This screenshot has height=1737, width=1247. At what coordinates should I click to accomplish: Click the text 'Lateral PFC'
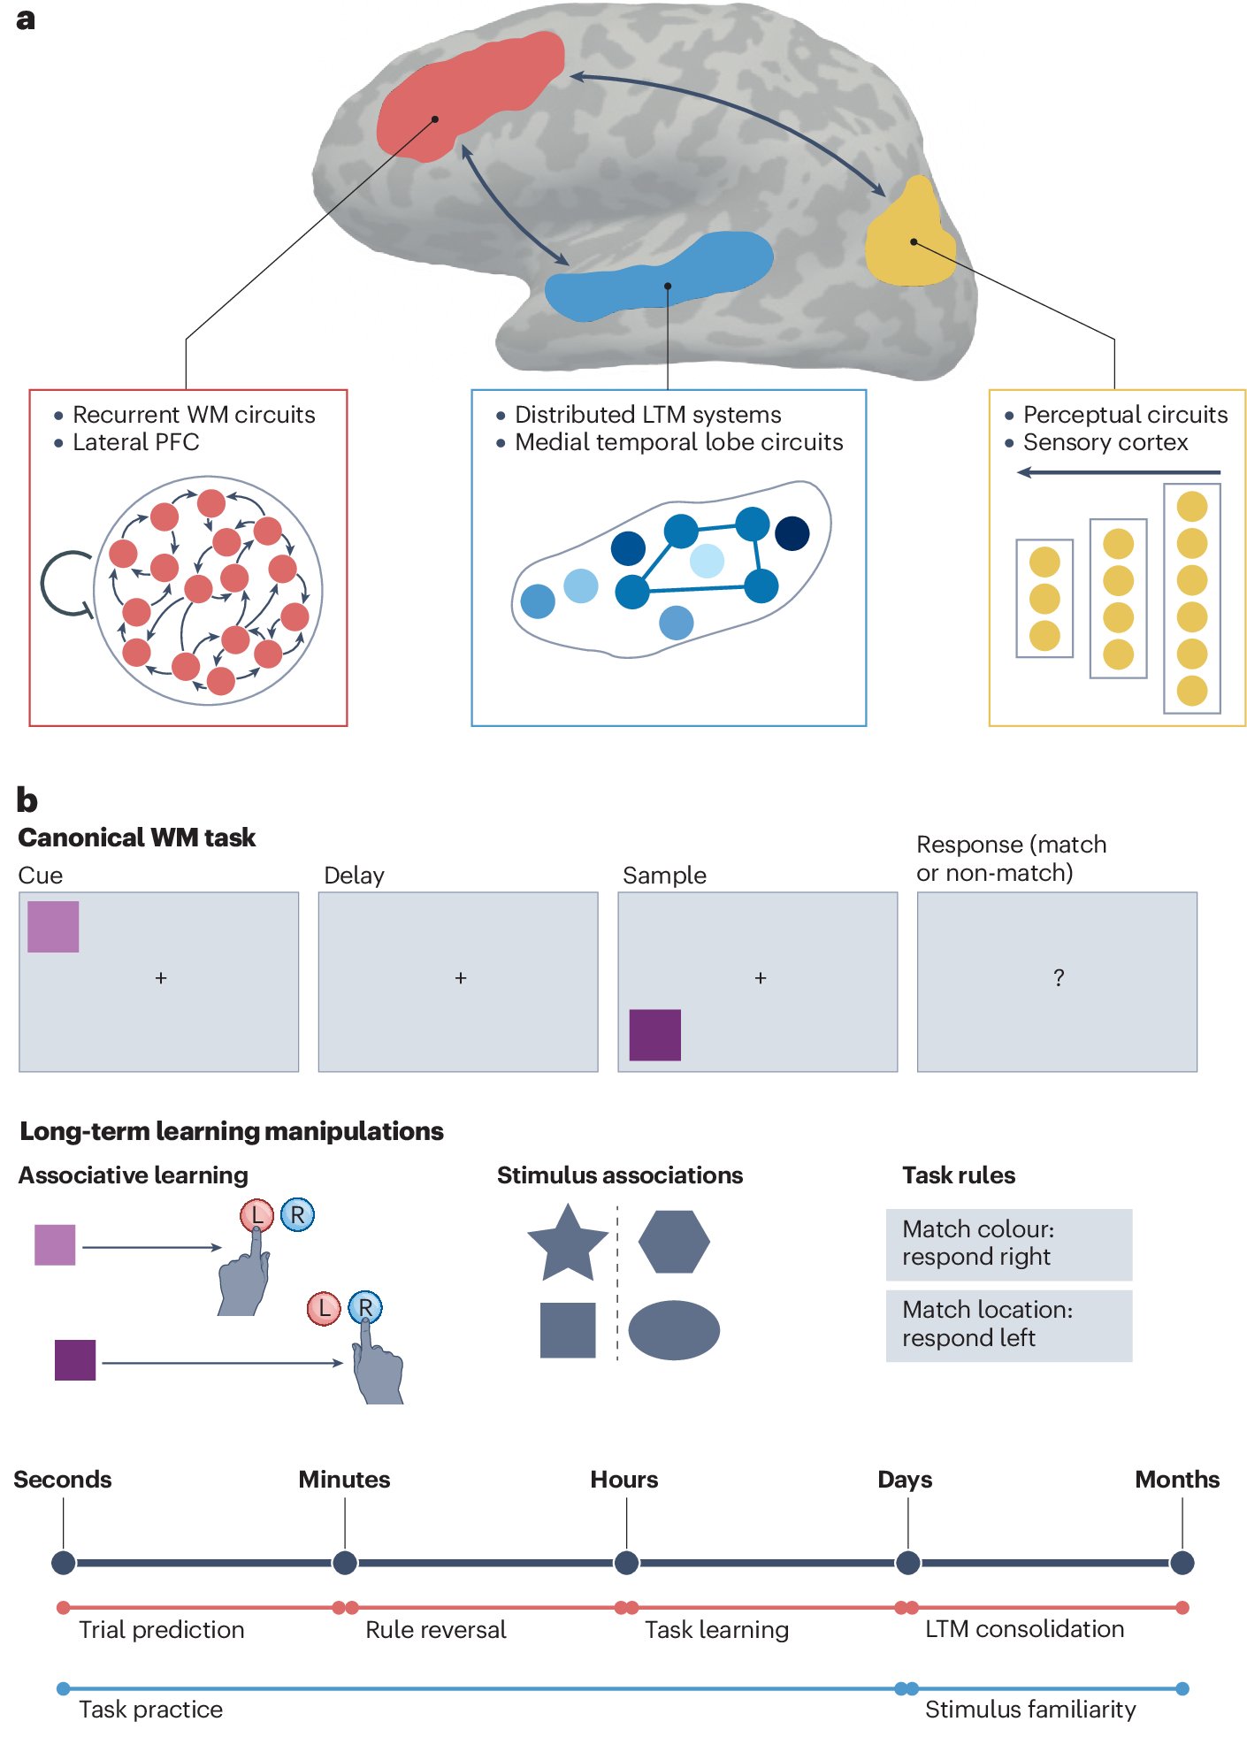coord(135,442)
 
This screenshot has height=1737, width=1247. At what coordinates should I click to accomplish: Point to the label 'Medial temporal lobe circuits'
coord(678,442)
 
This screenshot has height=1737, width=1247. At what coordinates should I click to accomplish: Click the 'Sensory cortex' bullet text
coord(1105,442)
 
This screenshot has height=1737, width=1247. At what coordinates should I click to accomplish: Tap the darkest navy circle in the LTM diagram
coord(792,533)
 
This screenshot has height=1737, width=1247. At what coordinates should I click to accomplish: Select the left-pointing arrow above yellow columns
coord(1118,472)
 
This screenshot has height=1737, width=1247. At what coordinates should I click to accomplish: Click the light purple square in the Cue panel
coord(53,927)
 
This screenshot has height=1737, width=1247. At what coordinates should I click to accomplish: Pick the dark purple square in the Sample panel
coord(654,1035)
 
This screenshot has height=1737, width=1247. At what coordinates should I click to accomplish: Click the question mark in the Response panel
coord(1059,977)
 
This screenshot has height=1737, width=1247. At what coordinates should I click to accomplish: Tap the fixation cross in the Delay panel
coord(460,978)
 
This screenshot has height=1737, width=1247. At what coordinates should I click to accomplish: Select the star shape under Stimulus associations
coord(567,1243)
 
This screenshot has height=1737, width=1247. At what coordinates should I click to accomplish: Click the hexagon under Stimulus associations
coord(673,1242)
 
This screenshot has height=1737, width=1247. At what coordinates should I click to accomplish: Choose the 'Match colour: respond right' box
coord(1008,1243)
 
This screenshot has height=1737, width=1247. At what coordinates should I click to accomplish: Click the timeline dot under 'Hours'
coord(626,1563)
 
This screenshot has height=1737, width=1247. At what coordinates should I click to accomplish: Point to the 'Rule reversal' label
coord(435,1630)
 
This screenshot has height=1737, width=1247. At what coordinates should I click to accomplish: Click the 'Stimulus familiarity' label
coord(1029,1710)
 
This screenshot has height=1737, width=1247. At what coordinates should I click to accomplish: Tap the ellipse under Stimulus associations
coord(673,1329)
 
